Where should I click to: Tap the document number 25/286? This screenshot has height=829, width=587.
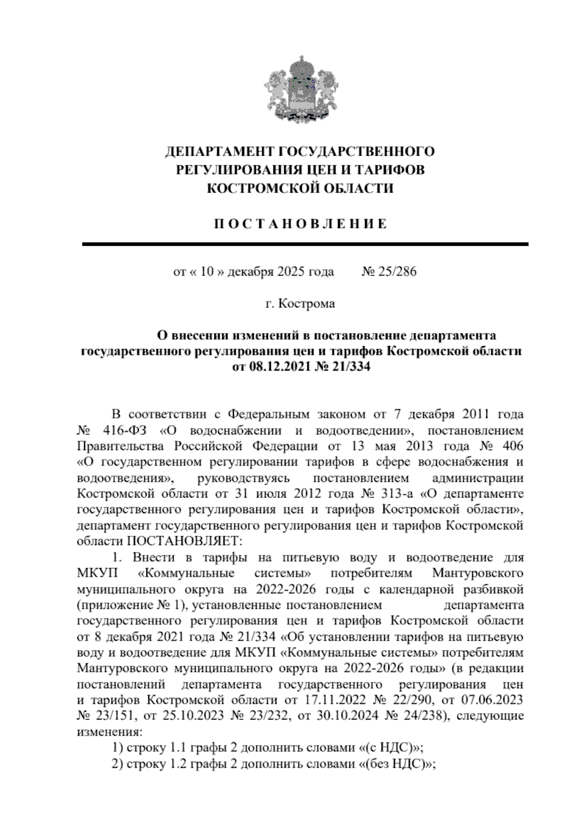[x=396, y=272]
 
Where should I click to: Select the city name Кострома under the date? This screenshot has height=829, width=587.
[x=307, y=304]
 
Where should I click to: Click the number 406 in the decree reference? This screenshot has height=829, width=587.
[x=511, y=446]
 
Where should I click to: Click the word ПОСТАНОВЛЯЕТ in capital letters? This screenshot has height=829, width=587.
[x=184, y=541]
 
